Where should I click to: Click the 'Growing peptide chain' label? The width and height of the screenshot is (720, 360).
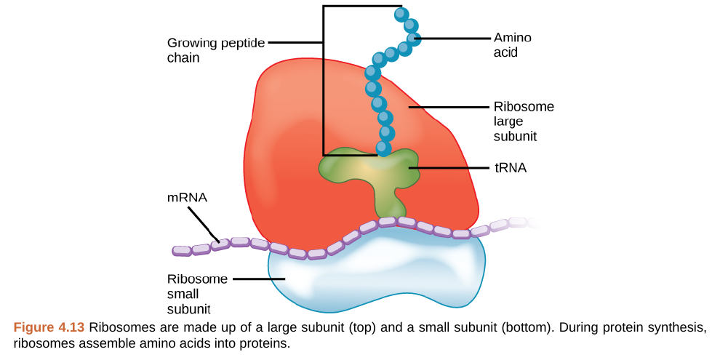[x=216, y=49]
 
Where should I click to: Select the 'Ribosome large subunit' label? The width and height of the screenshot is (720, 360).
[x=524, y=121]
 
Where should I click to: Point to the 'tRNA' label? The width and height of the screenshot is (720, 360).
[x=510, y=168]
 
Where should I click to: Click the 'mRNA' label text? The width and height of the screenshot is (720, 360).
[x=187, y=197]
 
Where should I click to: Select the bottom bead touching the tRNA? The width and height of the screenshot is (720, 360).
[x=383, y=149]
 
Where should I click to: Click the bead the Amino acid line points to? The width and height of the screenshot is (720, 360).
[x=413, y=38]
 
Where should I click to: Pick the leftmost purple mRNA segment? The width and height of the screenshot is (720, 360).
[x=182, y=251]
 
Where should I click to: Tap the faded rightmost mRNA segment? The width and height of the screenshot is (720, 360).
[x=535, y=222]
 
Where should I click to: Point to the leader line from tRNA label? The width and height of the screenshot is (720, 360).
[x=451, y=168]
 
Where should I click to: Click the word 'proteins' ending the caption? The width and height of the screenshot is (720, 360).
[x=265, y=343]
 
